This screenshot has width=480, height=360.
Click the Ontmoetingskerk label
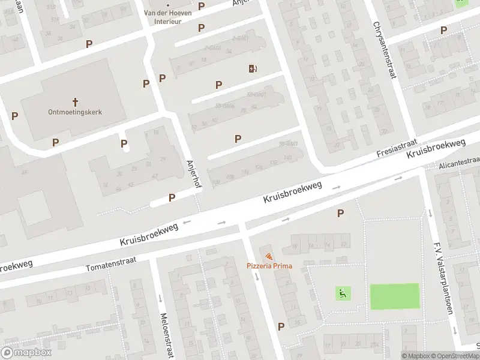[76, 112]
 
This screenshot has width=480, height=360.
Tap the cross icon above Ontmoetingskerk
[76, 101]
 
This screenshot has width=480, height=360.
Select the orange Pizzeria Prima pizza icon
[268, 257]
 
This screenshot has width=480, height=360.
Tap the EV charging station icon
[252, 68]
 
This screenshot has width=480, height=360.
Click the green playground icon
[343, 293]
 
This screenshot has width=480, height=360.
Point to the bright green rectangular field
[394, 296]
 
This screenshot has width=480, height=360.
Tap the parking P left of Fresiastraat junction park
[341, 213]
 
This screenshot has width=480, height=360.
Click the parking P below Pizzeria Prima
[281, 326]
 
